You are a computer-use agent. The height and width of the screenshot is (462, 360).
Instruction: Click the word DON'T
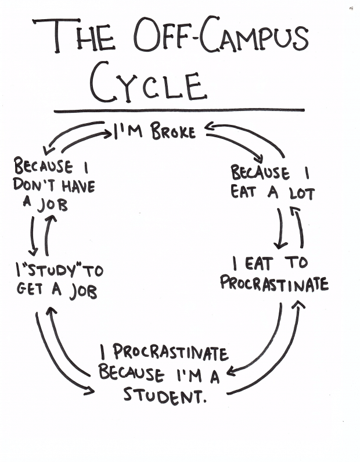(x=33, y=187)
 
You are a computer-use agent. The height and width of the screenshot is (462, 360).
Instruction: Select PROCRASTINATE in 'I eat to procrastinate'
(x=274, y=284)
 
